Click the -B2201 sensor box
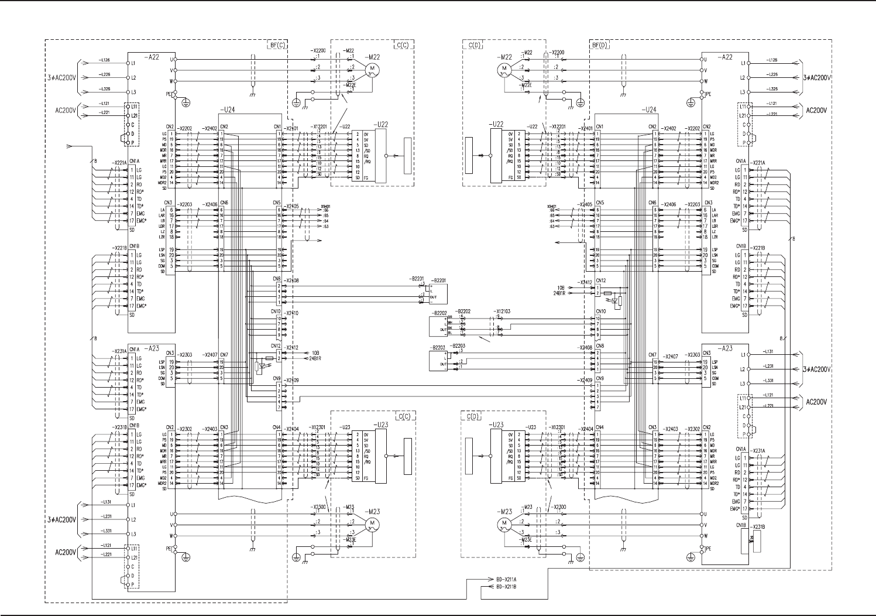(x=438, y=293)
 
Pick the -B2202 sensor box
(x=439, y=326)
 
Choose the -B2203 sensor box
(x=438, y=360)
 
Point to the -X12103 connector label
(x=501, y=312)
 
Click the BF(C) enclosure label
(x=277, y=45)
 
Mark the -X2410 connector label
(x=291, y=313)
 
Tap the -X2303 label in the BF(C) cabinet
(x=185, y=355)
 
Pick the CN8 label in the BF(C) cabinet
(x=277, y=280)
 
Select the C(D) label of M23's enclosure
(x=473, y=417)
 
